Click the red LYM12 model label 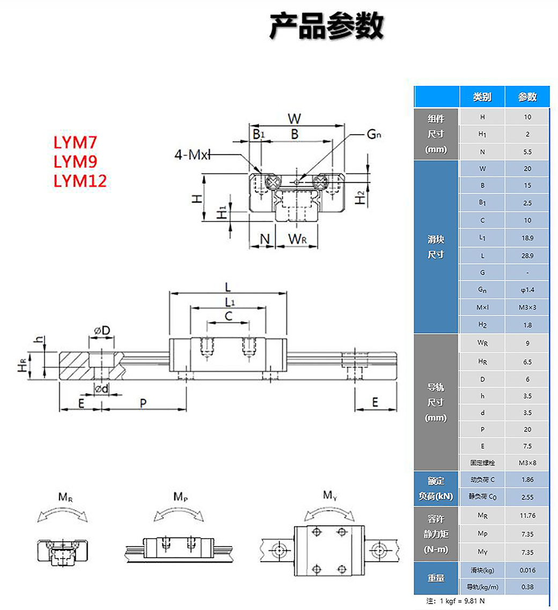[80, 180]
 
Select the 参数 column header [527, 97]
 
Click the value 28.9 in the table [527, 255]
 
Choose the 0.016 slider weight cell [527, 570]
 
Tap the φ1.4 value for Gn [527, 290]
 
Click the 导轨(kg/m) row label [482, 587]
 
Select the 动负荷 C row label [482, 480]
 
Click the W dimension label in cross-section [295, 118]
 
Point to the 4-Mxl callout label [191, 155]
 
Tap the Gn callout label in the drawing [374, 135]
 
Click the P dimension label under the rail [143, 403]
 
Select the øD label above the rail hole [102, 330]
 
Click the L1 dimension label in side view [229, 302]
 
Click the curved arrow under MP [179, 514]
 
